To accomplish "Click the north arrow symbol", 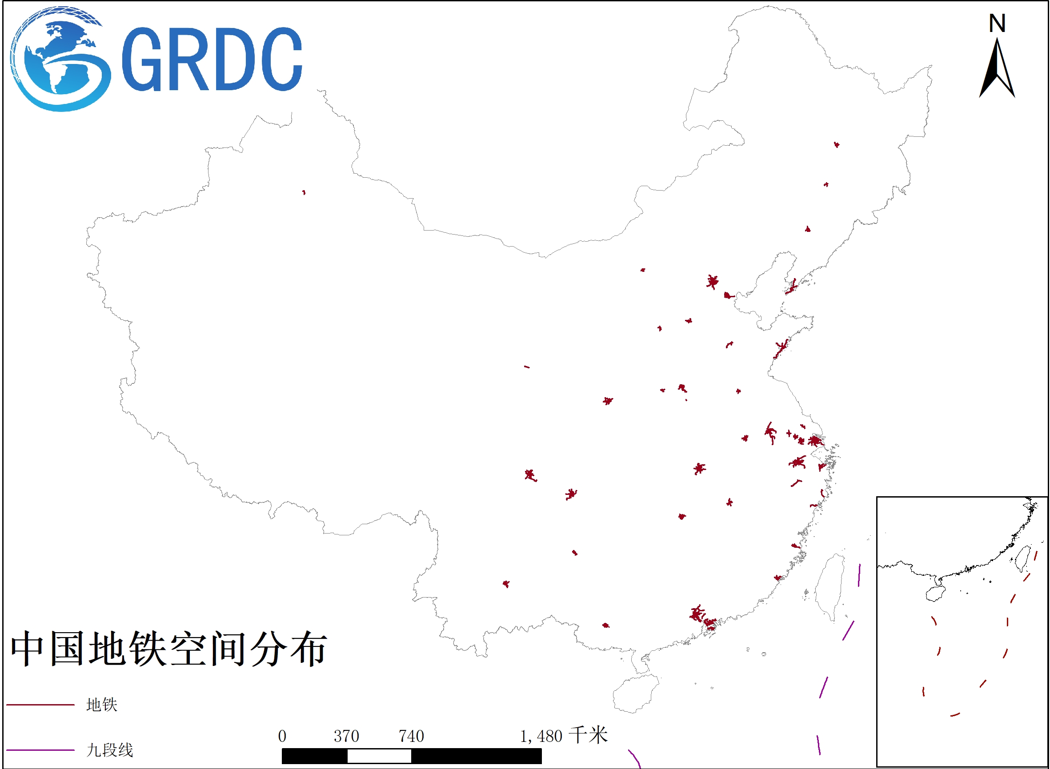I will [998, 70].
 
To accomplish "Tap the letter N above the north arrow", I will [998, 23].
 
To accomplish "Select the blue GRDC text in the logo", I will [212, 60].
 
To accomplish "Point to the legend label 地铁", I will [102, 705].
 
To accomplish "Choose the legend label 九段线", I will [110, 750].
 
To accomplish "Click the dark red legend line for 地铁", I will [40, 705].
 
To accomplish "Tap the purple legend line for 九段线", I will [40, 750].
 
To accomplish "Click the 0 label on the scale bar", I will [282, 736].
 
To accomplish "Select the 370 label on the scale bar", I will [346, 736].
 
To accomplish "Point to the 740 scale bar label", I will [411, 736].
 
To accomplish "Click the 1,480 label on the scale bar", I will [541, 736].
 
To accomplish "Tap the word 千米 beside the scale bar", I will [589, 735].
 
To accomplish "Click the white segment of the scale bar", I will [379, 756].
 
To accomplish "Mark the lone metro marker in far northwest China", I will [304, 192].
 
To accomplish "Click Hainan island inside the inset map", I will [935, 594].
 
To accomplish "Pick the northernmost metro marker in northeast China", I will [837, 145].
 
